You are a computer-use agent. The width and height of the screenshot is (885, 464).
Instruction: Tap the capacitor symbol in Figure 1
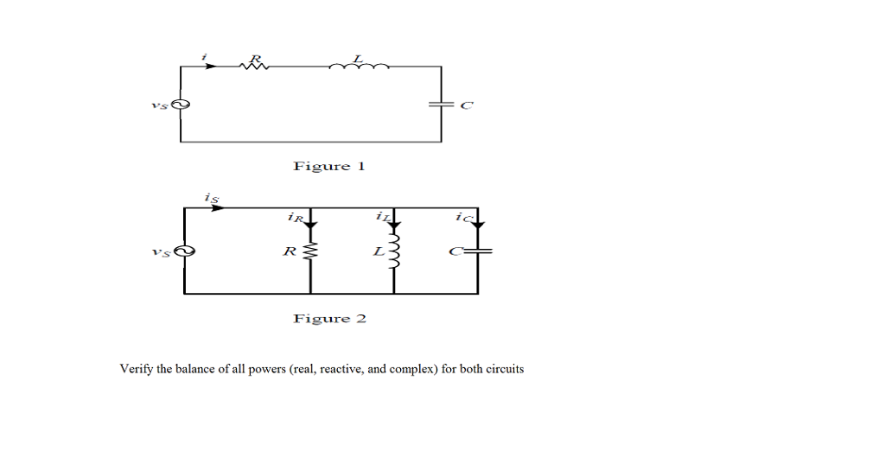click(x=441, y=105)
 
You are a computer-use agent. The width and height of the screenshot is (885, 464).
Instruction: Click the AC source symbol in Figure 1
click(x=181, y=105)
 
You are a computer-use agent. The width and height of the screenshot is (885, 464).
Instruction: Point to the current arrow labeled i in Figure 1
click(x=210, y=66)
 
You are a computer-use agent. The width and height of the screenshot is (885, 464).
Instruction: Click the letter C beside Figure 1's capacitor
click(x=467, y=105)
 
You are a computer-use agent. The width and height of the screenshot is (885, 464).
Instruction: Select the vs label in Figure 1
click(x=157, y=105)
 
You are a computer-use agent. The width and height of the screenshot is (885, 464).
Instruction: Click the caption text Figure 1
click(x=329, y=166)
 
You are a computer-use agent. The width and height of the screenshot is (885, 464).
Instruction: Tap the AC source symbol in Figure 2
click(x=183, y=252)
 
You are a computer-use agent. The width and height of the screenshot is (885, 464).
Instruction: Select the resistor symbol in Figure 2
click(x=310, y=252)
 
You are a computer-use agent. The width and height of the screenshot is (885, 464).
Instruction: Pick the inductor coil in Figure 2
click(x=394, y=251)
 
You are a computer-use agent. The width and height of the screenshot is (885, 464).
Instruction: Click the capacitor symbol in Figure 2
click(x=477, y=251)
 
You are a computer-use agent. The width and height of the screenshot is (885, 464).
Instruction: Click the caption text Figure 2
click(x=329, y=319)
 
